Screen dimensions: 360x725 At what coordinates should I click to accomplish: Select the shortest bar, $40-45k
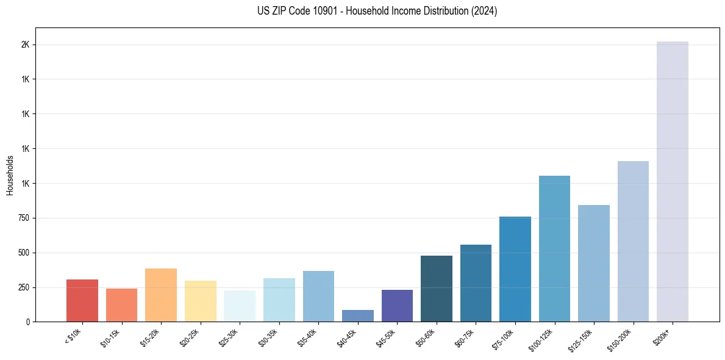tap(358, 315)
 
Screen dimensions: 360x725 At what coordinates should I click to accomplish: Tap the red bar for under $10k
tap(82, 300)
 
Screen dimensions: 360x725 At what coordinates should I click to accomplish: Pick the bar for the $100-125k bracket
tap(554, 248)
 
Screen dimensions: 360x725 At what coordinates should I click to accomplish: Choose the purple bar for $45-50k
tap(397, 306)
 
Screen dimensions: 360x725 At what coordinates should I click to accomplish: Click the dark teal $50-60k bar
tap(437, 289)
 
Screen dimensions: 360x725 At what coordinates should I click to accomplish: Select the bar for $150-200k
tap(633, 241)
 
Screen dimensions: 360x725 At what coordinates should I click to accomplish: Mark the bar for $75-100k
tap(515, 269)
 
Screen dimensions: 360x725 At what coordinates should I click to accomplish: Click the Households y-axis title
tap(10, 175)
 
